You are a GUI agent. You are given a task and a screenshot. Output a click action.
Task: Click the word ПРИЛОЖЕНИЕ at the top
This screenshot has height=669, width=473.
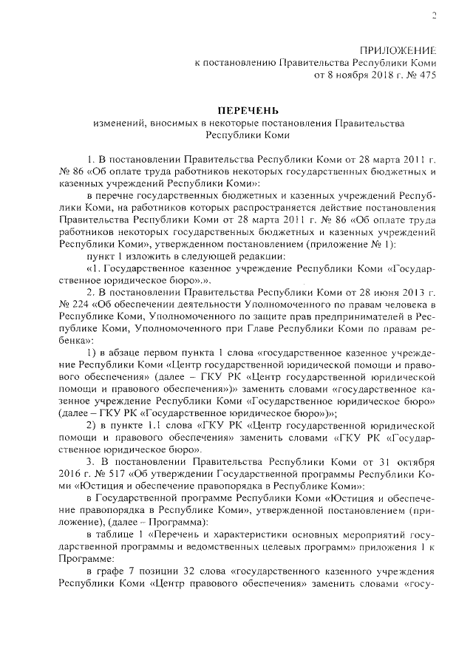(398, 51)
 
